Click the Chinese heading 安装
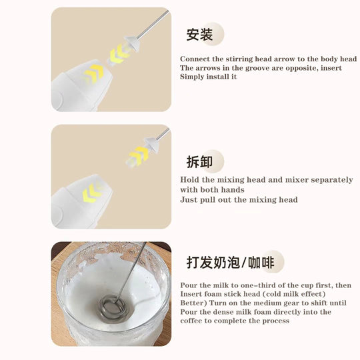[x=199, y=34]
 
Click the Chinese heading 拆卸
[x=199, y=161]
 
